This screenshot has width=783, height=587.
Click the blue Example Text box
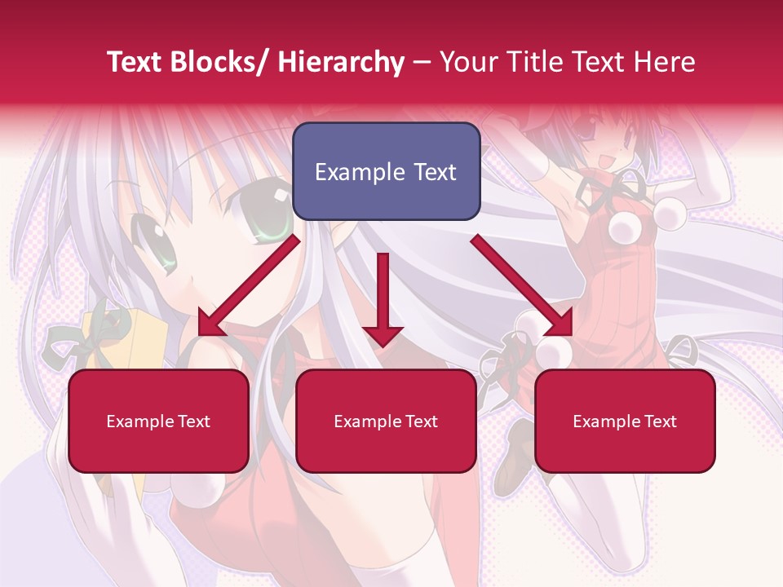tap(386, 171)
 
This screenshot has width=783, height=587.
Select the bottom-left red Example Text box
tap(158, 421)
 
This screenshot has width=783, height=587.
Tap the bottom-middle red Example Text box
tap(386, 421)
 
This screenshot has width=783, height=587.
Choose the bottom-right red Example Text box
tap(625, 421)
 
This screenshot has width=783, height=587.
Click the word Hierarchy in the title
tap(341, 62)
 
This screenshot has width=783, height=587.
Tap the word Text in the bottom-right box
tap(659, 421)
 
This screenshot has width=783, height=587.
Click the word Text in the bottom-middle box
tap(420, 421)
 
